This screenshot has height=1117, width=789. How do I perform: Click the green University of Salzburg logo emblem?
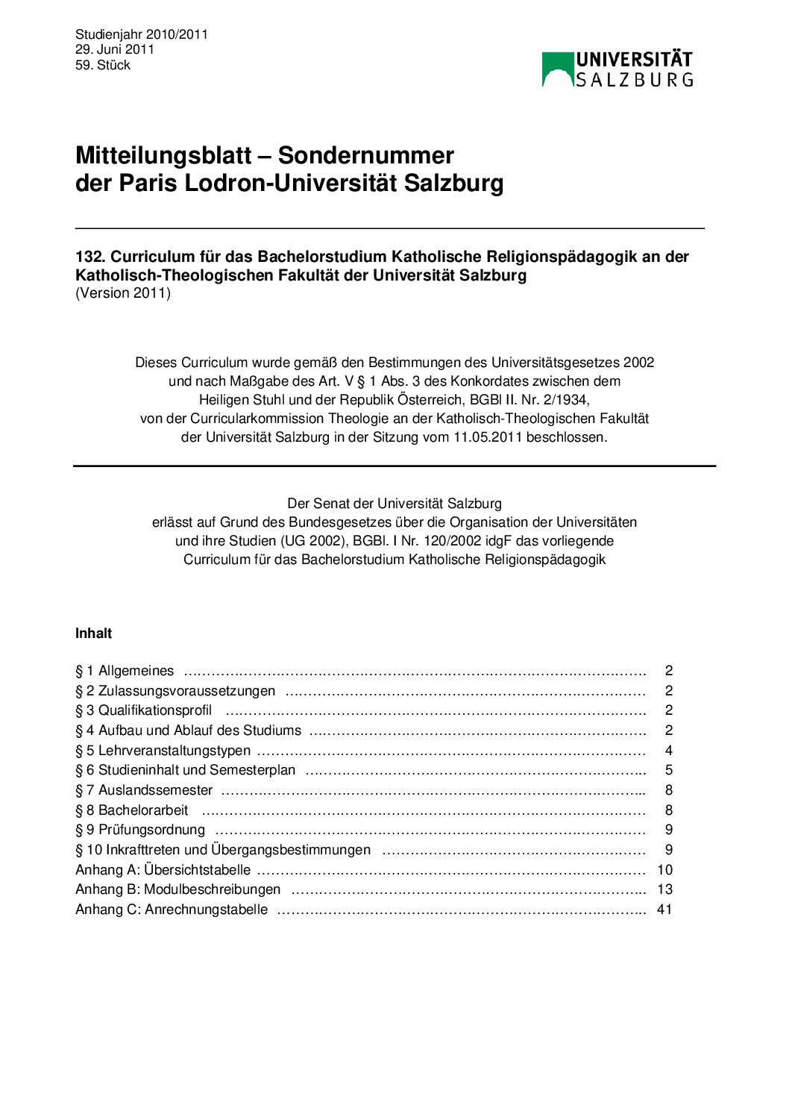pos(557,69)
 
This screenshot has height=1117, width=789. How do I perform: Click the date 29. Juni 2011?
pos(114,49)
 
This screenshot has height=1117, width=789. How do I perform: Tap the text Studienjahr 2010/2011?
pos(141,34)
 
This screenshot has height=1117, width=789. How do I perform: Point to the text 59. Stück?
pos(102,65)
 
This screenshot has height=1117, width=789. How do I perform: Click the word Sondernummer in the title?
pos(365,155)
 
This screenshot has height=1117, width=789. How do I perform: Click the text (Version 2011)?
pos(123,293)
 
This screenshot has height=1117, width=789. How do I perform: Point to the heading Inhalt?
pos(93,633)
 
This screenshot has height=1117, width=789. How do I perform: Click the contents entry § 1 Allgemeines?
pos(125,671)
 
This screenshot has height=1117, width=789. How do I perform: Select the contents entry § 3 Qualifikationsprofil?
pos(143,710)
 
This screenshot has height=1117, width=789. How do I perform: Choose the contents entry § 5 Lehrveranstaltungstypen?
pos(163,751)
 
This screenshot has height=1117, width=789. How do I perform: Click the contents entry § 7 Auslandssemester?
pos(144,790)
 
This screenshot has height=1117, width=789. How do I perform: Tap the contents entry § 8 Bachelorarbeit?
pos(131,810)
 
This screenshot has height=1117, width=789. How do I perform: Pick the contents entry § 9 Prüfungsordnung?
pos(140,830)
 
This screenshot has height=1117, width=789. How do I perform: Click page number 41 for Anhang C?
pos(664,910)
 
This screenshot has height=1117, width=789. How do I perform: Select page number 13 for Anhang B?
pos(664,889)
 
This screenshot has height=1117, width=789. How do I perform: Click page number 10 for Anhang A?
pos(664,870)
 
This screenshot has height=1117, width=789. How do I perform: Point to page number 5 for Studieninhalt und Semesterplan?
pos(669,770)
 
